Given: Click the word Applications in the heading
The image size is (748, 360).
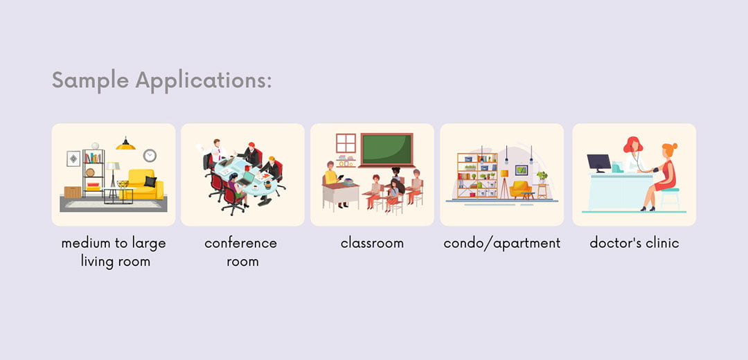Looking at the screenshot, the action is (x=203, y=80).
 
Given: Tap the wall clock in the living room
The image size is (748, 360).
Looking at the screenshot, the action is (x=150, y=156).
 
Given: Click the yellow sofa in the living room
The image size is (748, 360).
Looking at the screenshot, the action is (x=143, y=185).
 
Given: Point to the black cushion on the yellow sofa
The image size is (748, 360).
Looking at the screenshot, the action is (x=150, y=181).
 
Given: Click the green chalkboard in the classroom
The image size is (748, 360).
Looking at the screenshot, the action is (x=386, y=150).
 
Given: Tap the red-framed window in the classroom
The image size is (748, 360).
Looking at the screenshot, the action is (x=346, y=143).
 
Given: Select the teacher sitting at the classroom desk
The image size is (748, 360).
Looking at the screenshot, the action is (x=332, y=181).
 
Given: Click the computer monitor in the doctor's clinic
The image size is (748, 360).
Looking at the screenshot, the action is (x=598, y=163).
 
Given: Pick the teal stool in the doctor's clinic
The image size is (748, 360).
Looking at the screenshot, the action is (x=670, y=198).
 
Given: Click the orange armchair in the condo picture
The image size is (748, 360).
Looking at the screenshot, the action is (x=520, y=189).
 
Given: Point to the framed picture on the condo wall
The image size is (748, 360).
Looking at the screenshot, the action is (x=522, y=170).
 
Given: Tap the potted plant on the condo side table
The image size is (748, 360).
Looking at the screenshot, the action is (x=542, y=177).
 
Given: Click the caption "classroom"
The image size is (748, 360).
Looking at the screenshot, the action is (x=372, y=243).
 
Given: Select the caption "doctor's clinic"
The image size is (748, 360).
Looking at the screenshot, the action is (x=634, y=243).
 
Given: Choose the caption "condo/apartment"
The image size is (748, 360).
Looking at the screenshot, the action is (x=502, y=244).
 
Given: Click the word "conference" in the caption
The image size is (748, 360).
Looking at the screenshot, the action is (x=241, y=243).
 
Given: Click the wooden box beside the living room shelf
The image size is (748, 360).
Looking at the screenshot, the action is (x=73, y=192).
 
